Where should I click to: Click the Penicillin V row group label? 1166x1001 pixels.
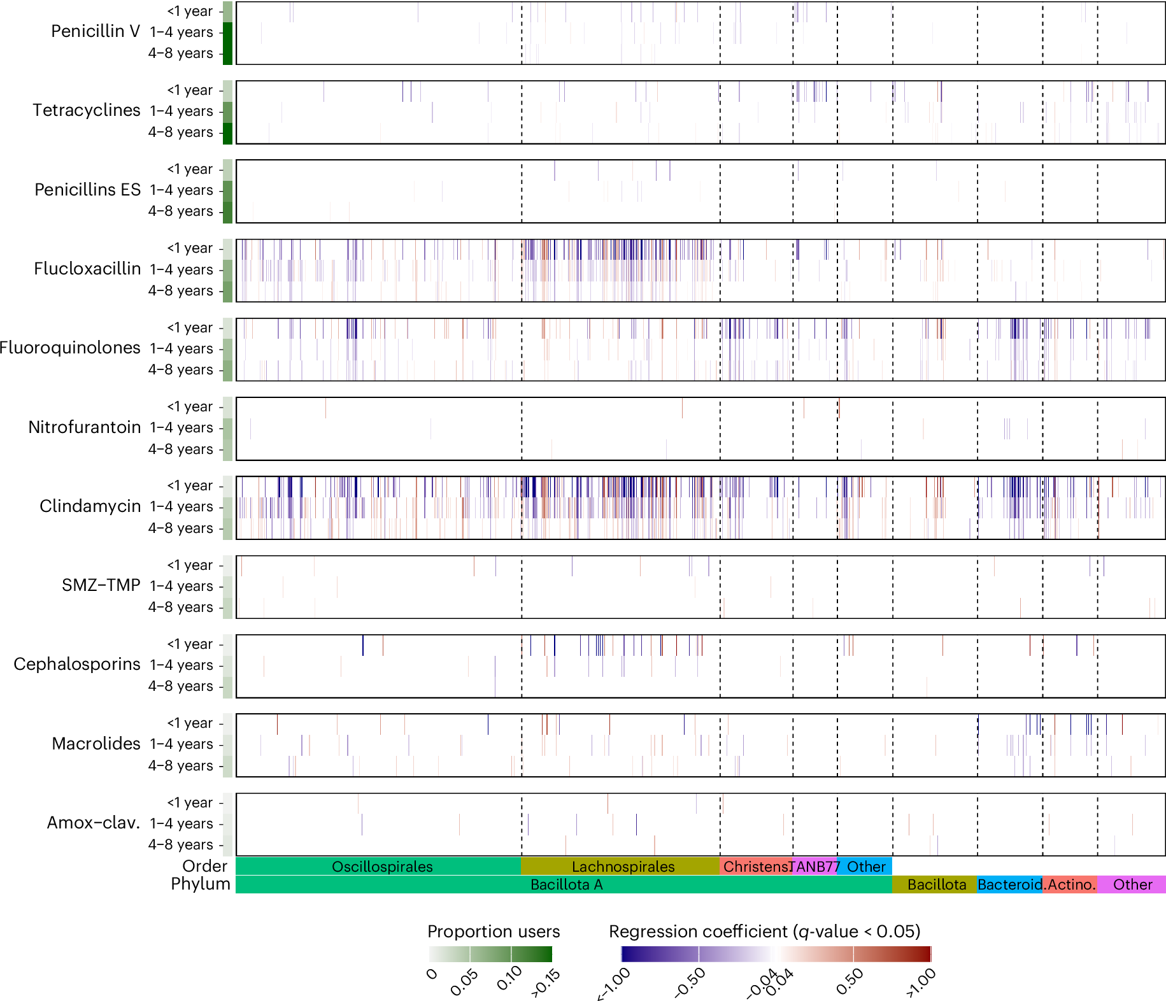[95, 31]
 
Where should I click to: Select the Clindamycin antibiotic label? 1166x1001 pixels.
[90, 506]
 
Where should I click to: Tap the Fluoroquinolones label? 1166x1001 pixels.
[70, 348]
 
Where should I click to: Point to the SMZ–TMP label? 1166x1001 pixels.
[101, 585]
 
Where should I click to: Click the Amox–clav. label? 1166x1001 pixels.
[93, 823]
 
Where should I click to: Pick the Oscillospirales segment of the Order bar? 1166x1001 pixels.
[381, 867]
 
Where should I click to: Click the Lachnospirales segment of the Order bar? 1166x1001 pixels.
[623, 867]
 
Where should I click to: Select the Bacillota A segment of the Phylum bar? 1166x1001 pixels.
[565, 884]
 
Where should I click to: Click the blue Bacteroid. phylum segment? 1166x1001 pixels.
[1009, 884]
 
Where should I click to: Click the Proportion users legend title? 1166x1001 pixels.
[493, 932]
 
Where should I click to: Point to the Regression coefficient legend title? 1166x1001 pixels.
[764, 932]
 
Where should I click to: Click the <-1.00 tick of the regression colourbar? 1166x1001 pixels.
[615, 984]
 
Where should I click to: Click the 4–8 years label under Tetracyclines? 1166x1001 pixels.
[180, 132]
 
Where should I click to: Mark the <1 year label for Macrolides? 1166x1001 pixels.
[189, 723]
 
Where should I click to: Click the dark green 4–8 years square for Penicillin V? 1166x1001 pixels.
[227, 53]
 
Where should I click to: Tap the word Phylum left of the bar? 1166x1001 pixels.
[200, 884]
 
